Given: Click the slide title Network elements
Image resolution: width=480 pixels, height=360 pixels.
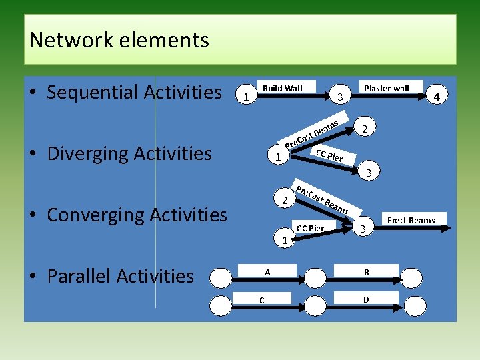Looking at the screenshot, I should coord(119,40).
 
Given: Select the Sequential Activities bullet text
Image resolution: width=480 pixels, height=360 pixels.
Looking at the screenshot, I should coord(133,92).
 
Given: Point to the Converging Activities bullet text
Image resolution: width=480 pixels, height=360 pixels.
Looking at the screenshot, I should coord(137,215).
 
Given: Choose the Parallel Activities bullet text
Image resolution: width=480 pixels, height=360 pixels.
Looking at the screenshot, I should coord(120,276).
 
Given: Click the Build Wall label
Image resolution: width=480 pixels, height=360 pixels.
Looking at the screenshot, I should coord(282,88).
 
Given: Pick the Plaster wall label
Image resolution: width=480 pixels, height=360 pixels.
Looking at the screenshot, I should coord(386,88).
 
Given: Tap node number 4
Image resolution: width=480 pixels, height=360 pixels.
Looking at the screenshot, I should coord(437,97).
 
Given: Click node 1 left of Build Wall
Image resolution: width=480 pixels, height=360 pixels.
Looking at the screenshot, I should coord(247,97).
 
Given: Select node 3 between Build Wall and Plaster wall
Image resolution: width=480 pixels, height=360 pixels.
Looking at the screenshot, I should coord(339,97).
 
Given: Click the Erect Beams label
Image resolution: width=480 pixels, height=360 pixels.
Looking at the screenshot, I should coord(411,220).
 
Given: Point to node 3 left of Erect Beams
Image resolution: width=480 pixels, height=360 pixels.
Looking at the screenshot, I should coord(363,229).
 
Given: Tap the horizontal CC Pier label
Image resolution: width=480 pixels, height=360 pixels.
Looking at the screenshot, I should coord(310,228).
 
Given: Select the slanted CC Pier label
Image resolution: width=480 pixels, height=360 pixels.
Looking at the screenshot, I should coord(329,155).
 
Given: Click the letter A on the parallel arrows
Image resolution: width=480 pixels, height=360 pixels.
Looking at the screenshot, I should coord(267,271).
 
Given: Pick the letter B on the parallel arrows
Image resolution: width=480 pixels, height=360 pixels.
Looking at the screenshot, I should coord(366,271).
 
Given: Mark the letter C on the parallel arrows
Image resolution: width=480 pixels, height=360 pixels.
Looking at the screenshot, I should coord(261,300).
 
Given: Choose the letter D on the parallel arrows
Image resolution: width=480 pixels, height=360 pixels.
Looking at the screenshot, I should coord(366,300).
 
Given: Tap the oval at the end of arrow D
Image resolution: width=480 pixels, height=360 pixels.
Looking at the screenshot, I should coord(415,305).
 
